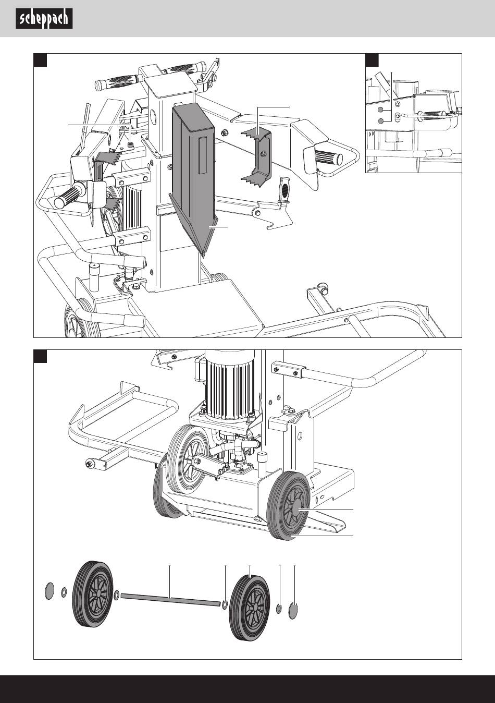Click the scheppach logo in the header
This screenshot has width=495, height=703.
click(44, 19)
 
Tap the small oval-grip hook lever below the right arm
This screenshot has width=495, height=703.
click(284, 191)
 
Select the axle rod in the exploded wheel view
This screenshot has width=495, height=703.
click(170, 600)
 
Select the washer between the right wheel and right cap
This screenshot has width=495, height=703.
click(280, 608)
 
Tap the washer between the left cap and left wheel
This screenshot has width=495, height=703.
click(64, 591)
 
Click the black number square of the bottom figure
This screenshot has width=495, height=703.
click(41, 356)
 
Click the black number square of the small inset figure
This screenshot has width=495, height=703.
click(372, 60)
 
